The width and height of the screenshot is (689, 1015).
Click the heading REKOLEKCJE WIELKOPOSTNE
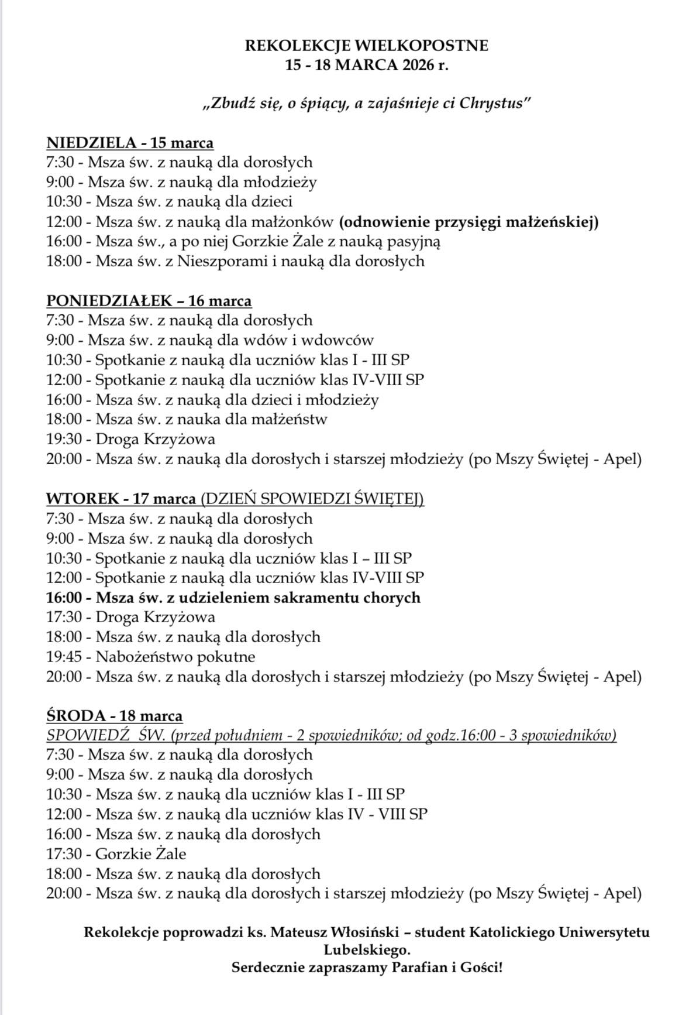point(366,46)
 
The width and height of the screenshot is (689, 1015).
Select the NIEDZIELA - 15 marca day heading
point(130,143)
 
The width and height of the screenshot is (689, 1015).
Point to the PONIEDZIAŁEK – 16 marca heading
point(149,301)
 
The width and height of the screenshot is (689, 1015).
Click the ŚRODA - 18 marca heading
point(114,716)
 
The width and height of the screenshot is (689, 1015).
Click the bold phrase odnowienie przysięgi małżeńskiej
point(468,222)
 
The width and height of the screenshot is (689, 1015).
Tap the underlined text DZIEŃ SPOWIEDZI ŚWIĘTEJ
point(311,499)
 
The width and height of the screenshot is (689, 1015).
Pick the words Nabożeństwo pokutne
point(175,657)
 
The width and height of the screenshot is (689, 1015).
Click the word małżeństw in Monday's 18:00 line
point(289,419)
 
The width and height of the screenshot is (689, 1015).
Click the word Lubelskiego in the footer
point(367,950)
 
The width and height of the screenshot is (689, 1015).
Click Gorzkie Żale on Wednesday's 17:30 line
point(141,854)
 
